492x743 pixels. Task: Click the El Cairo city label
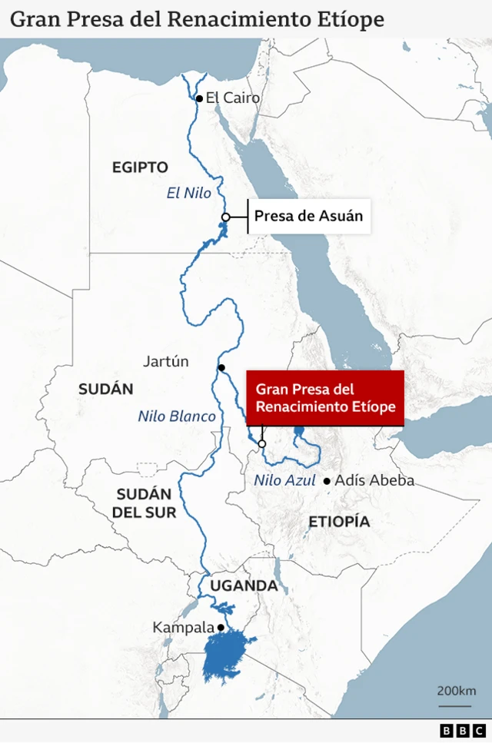pos(233,98)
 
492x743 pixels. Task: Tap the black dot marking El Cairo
pos(199,98)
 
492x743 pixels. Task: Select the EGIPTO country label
pos(140,167)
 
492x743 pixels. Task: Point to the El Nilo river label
pos(189,194)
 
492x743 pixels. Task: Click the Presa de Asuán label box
pos(308,216)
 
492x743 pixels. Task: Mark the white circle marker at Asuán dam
pos(225,217)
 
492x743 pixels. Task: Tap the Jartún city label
pos(166,361)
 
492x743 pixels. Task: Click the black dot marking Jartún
pos(221,367)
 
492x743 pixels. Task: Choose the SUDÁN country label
pos(106,389)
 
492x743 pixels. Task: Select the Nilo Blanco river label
pos(177,416)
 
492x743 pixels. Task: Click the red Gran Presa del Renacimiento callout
pos(325,398)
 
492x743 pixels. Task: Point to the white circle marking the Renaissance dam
pos(262,444)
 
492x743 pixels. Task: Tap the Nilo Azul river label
pos(284,481)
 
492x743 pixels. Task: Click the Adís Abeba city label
pos(375,481)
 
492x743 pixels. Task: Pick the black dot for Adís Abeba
pos(327,481)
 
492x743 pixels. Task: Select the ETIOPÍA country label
pos(339,522)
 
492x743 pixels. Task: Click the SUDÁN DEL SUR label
pos(146,503)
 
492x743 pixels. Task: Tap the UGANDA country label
pos(244,585)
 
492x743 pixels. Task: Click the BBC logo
pos(463,730)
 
